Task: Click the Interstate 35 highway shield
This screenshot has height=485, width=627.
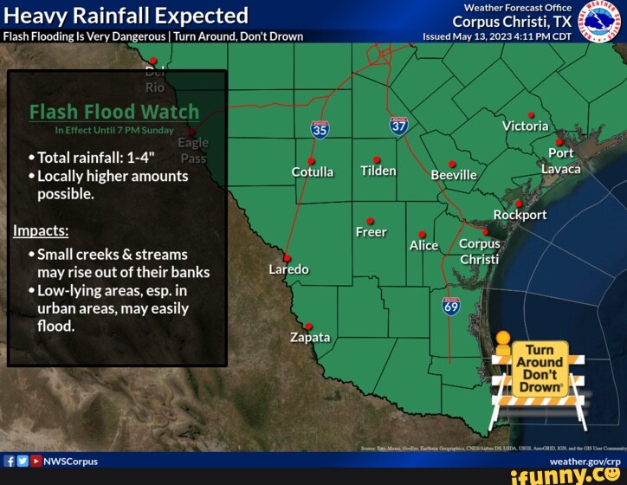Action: (320, 129)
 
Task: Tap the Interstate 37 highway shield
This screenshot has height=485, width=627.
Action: (398, 126)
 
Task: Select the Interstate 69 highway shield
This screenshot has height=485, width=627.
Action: (451, 306)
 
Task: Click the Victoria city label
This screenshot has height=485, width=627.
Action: (525, 126)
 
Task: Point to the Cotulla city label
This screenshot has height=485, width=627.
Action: (313, 171)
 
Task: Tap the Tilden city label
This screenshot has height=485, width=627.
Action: (378, 171)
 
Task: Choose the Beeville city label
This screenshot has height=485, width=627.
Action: (454, 175)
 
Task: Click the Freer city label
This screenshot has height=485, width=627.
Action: (371, 232)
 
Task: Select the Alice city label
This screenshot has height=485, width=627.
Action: (423, 245)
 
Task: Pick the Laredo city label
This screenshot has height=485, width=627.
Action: (288, 269)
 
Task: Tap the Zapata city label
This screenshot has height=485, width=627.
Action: (310, 337)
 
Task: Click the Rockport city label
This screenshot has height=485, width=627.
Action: (520, 215)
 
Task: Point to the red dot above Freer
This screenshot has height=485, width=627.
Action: (370, 221)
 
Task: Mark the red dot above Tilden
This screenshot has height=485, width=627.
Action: (377, 159)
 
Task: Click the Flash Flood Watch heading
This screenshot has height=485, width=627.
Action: (114, 112)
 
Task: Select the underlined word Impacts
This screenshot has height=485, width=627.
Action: (35, 231)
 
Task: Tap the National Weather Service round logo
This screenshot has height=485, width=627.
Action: (598, 21)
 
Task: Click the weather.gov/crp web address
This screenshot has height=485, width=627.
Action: (584, 462)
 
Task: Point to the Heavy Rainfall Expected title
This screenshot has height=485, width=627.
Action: (126, 16)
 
